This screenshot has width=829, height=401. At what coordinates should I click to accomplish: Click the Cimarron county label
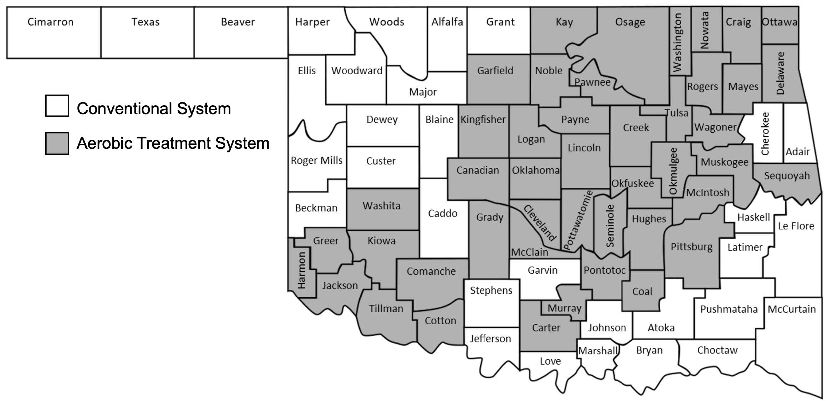(x=50, y=22)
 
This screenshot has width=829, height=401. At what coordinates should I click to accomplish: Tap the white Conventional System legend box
(x=57, y=106)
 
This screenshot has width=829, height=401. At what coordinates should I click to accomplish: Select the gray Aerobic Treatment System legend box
(x=57, y=143)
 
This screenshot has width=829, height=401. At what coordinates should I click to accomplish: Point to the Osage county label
(x=630, y=22)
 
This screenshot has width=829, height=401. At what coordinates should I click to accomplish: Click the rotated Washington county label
(x=677, y=42)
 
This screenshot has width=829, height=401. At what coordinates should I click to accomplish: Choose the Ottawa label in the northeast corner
(x=780, y=22)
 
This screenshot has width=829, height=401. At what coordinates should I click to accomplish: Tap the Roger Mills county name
(x=316, y=161)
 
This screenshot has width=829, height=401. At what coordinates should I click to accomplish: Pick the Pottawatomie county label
(x=578, y=220)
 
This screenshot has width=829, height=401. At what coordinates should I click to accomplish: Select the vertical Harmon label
(x=302, y=270)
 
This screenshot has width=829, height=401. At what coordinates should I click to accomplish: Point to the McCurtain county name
(x=792, y=309)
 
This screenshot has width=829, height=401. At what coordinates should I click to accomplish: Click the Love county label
(x=550, y=361)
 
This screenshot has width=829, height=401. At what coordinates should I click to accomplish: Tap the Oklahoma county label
(x=535, y=171)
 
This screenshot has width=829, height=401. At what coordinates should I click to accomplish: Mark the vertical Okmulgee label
(x=673, y=172)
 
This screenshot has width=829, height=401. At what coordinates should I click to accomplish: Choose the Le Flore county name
(x=796, y=226)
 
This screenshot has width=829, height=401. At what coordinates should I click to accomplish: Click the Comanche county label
(x=431, y=271)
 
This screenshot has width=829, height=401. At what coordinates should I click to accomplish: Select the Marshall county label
(x=597, y=351)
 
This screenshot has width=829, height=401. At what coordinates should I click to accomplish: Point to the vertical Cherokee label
(x=765, y=134)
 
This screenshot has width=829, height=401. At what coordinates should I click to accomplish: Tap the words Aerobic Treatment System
(x=173, y=143)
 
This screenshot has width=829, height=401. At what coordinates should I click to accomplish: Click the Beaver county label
(x=238, y=22)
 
